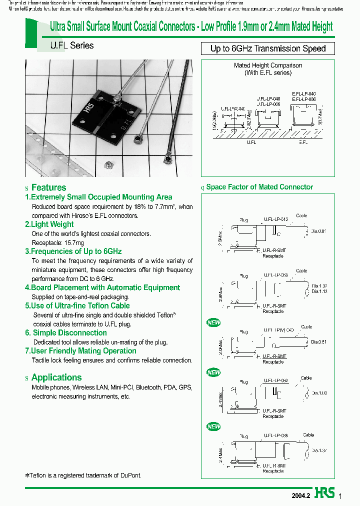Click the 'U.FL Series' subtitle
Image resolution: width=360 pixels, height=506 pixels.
click(x=71, y=45)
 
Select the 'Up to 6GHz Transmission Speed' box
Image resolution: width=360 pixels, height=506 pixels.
click(x=268, y=48)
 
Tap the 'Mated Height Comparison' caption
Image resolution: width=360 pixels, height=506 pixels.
click(x=268, y=65)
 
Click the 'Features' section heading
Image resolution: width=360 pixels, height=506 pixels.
click(x=48, y=187)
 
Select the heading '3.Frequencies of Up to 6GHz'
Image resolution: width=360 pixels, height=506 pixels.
click(x=73, y=251)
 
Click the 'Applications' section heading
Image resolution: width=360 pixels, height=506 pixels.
click(x=56, y=377)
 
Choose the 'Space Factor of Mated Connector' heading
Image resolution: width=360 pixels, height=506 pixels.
click(x=259, y=187)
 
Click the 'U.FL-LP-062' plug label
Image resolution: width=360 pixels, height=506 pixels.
click(x=276, y=381)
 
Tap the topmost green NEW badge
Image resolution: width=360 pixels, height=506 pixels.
click(x=213, y=323)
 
